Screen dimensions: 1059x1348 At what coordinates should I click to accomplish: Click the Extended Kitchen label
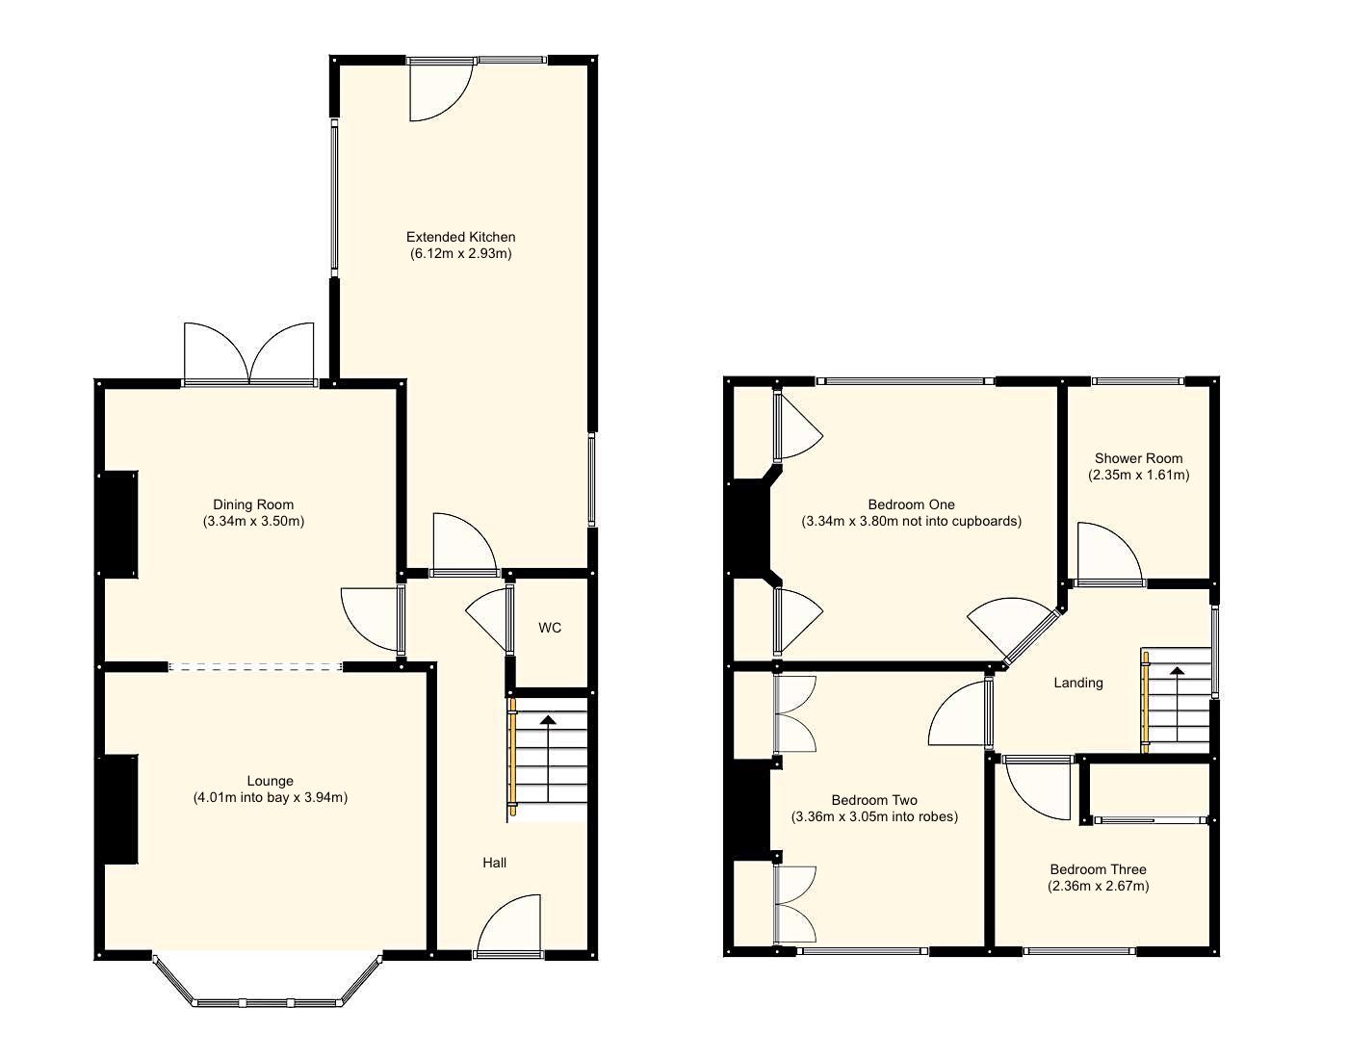(x=460, y=237)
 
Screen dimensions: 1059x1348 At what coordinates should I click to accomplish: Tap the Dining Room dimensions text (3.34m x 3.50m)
(x=253, y=522)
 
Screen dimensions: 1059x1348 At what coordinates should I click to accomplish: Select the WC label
(x=549, y=629)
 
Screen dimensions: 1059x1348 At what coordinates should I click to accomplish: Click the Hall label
(x=494, y=863)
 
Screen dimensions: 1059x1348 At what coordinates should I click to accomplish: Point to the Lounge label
(x=270, y=781)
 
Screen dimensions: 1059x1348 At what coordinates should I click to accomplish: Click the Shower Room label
(x=1138, y=458)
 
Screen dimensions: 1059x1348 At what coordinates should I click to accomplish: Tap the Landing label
(x=1077, y=683)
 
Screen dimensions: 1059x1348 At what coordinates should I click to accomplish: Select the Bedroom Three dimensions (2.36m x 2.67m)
(x=1098, y=887)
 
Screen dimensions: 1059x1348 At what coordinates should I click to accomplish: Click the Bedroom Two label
(x=874, y=800)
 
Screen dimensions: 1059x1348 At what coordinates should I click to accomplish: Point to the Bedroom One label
(x=911, y=504)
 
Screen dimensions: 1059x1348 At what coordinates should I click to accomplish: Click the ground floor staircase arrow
(x=548, y=719)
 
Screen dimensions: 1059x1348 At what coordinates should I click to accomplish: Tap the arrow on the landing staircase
(x=1177, y=670)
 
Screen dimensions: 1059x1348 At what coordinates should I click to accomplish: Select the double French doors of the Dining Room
(x=249, y=354)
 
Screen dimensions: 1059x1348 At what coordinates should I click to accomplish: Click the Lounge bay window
(x=268, y=1001)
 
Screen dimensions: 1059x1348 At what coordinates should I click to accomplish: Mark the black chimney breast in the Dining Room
(x=120, y=524)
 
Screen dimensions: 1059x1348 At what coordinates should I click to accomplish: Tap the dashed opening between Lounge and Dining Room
(x=255, y=666)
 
